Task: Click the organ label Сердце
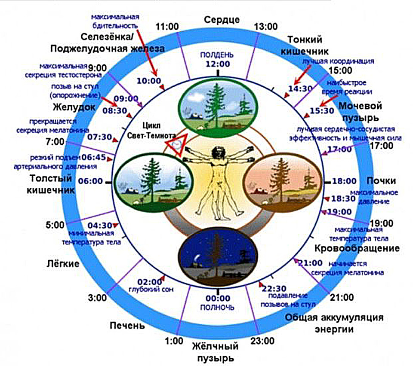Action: pyautogui.click(x=222, y=20)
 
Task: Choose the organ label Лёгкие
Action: pyautogui.click(x=63, y=264)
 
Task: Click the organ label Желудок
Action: pyautogui.click(x=74, y=107)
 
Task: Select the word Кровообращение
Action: pyautogui.click(x=357, y=248)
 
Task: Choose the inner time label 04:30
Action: pyautogui.click(x=100, y=225)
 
